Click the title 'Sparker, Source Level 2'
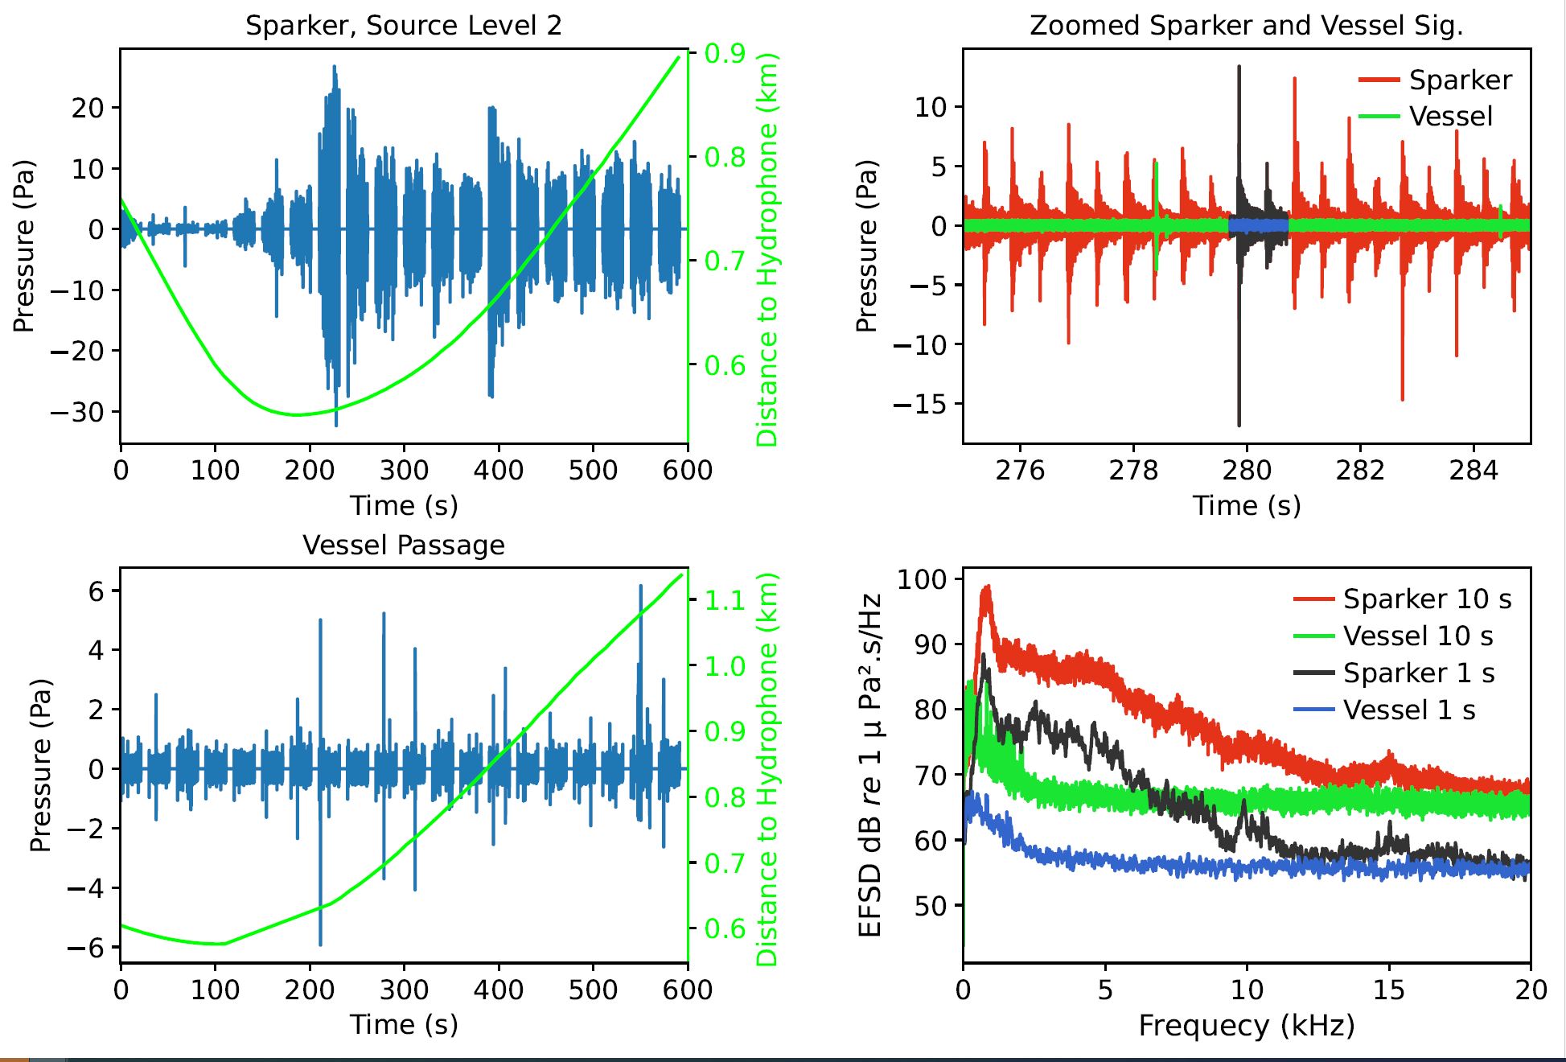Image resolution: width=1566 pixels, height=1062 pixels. click(403, 26)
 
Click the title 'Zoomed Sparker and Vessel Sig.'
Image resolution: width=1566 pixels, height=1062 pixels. click(1246, 26)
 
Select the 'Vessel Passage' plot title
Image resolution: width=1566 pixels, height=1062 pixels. click(403, 545)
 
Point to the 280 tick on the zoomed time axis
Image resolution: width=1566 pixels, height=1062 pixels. click(1247, 470)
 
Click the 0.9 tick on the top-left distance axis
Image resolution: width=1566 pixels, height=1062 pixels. click(725, 54)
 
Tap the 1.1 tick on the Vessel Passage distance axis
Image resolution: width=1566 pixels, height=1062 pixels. click(725, 600)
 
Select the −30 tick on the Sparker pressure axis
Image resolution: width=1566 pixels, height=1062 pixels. click(77, 412)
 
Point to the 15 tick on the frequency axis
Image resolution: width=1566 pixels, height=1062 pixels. click(1388, 990)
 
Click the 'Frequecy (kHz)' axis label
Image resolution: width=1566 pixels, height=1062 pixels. click(1246, 1026)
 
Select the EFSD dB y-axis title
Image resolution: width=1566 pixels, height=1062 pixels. click(870, 764)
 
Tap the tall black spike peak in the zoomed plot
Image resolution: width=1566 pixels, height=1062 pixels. click(1239, 68)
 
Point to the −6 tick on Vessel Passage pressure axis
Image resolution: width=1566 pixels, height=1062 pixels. click(85, 948)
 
